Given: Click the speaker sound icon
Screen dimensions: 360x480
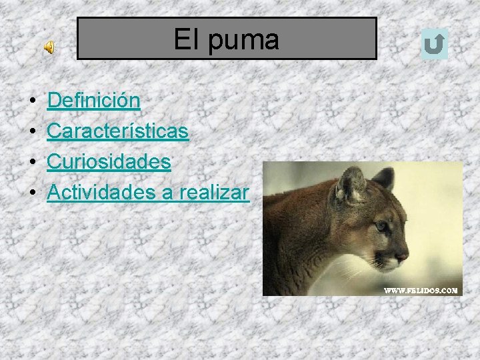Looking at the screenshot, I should [50, 47].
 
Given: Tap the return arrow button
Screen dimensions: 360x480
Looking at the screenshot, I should [435, 45].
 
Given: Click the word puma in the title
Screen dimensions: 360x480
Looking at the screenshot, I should [243, 40].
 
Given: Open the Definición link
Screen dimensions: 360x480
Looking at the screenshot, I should [93, 101].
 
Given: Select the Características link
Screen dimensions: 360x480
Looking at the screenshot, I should [117, 131].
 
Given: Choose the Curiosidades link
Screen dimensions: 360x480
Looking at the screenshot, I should [109, 162].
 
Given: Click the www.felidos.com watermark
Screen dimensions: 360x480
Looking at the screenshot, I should [421, 290].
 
